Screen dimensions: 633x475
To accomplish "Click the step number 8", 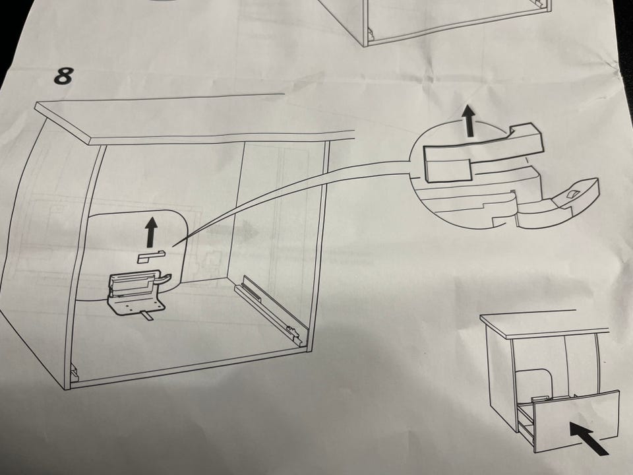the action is pos(64,76).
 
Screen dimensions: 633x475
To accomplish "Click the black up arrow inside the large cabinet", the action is pos(152,232).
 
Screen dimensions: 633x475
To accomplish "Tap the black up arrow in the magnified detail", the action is pos(469,120).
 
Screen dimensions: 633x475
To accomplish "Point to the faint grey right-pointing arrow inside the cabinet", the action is pos(233,232).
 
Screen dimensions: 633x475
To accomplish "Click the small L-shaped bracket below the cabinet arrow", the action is pos(152,257).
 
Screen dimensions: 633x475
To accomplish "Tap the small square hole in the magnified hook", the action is pos(573,194).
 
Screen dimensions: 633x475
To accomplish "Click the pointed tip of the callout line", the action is pos(173,245).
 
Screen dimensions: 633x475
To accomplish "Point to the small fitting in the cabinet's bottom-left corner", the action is pos(75,372).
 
